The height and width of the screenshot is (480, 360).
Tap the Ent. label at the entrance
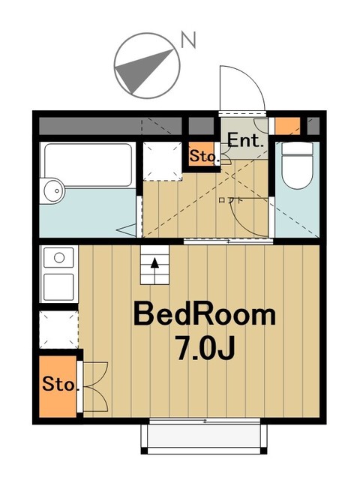tap(244, 140)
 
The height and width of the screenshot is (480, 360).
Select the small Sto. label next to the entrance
tap(202, 157)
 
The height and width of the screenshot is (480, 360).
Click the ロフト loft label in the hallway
tap(230, 200)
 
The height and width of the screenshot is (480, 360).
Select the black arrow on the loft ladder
tap(156, 263)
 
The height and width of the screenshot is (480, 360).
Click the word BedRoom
tap(204, 315)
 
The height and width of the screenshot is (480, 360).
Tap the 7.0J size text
tap(204, 348)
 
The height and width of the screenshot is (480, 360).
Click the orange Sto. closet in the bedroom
tap(58, 385)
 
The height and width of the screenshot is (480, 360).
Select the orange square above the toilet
tap(287, 124)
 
